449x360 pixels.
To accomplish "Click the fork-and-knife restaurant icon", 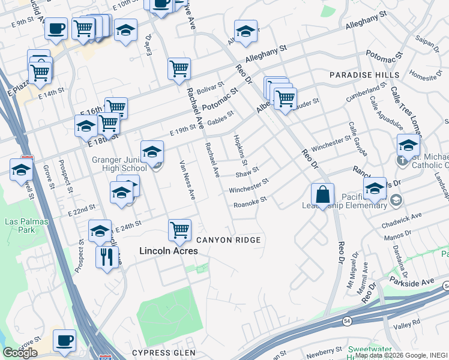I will (x=107, y=257).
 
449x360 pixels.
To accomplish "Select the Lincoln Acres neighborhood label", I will (x=169, y=251).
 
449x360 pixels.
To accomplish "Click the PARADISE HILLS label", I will (x=364, y=74).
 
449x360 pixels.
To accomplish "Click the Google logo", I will (x=20, y=353).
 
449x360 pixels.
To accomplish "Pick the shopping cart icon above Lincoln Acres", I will (x=179, y=229).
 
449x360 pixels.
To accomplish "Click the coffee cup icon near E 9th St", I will (x=56, y=28).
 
